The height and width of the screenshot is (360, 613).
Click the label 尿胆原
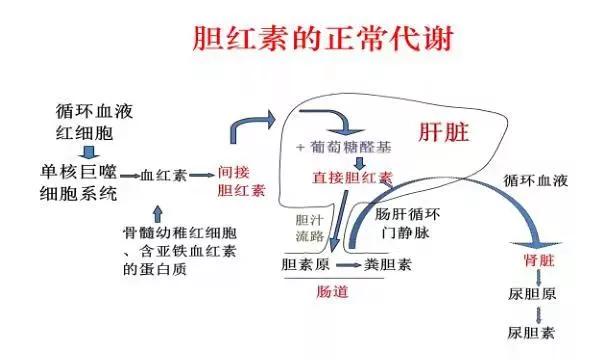(531, 296)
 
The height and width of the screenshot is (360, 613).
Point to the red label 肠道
(335, 294)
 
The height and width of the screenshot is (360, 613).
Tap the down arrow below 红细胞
(88, 151)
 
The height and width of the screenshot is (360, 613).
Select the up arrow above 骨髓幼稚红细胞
(157, 211)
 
